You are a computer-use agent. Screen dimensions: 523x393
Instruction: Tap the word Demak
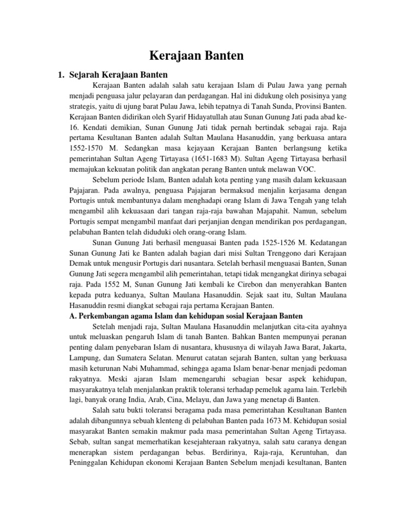click(80, 265)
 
